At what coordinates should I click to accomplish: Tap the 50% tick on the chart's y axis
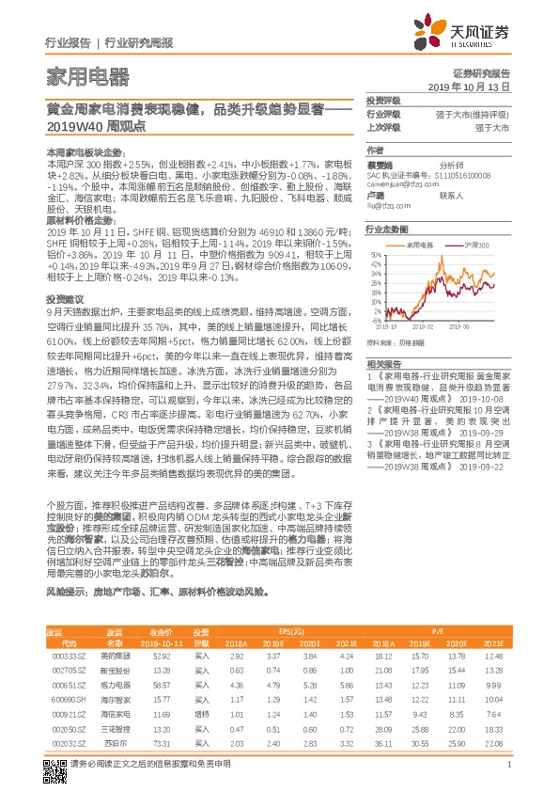pyautogui.click(x=375, y=254)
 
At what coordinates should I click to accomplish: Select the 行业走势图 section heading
pyautogui.click(x=387, y=229)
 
